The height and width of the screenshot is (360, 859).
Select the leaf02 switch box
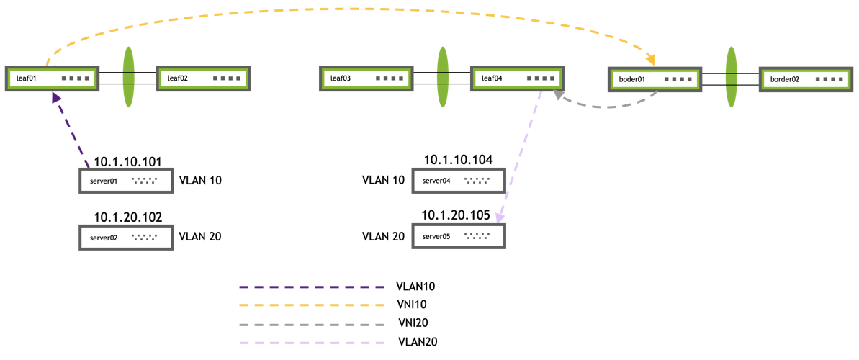204,78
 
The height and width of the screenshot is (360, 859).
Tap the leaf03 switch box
366,78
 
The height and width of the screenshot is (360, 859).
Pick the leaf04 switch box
518,78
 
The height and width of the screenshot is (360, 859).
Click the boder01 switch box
655,78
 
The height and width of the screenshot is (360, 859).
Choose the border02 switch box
806,78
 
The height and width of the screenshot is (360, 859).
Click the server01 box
126,181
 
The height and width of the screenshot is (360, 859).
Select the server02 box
126,236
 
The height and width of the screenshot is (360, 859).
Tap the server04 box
459,181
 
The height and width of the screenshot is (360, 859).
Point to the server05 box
459,235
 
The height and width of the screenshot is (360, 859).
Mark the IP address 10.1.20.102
128,216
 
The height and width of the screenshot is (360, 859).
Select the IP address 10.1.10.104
458,160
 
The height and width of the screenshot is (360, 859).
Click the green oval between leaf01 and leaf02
129,77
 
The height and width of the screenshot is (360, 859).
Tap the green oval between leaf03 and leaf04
442,77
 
